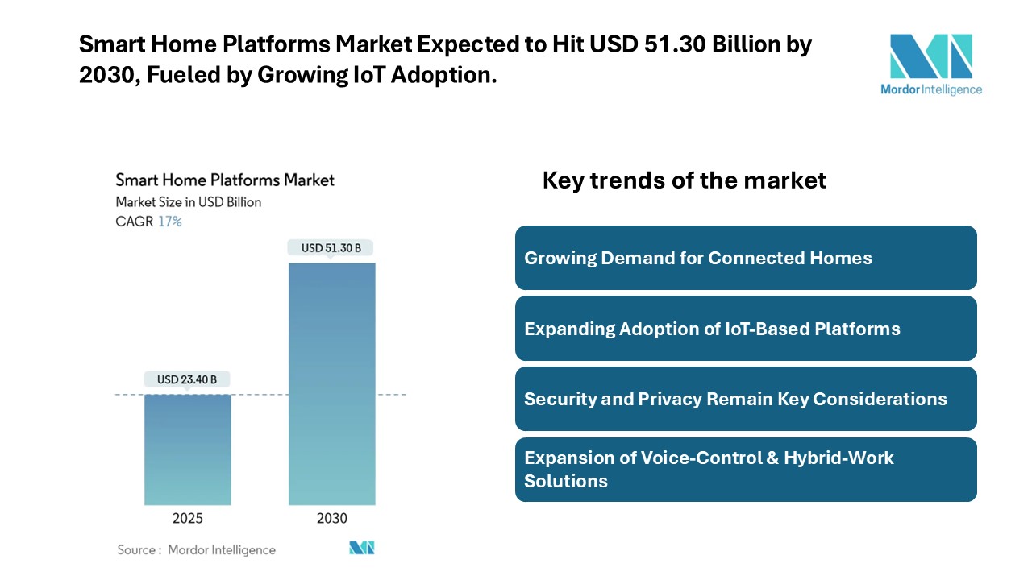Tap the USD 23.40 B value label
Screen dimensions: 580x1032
coord(187,379)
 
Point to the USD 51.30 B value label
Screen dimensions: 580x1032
coord(331,248)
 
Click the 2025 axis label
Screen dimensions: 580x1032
coord(187,518)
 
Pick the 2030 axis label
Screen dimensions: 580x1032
coord(331,518)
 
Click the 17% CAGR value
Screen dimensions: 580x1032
coord(170,222)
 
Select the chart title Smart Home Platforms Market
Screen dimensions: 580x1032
coord(225,180)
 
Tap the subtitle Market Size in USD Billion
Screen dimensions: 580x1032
coord(189,202)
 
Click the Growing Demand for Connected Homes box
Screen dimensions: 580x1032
coord(746,258)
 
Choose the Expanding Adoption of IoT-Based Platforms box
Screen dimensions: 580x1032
coord(746,329)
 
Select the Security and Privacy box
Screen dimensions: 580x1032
coord(746,399)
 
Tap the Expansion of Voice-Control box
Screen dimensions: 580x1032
coord(746,469)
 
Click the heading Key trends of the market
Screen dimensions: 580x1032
coord(684,180)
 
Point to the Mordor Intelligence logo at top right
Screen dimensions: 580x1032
coord(931,64)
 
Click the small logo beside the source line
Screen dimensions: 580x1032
coord(362,548)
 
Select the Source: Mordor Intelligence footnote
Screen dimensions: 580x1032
coord(197,550)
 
